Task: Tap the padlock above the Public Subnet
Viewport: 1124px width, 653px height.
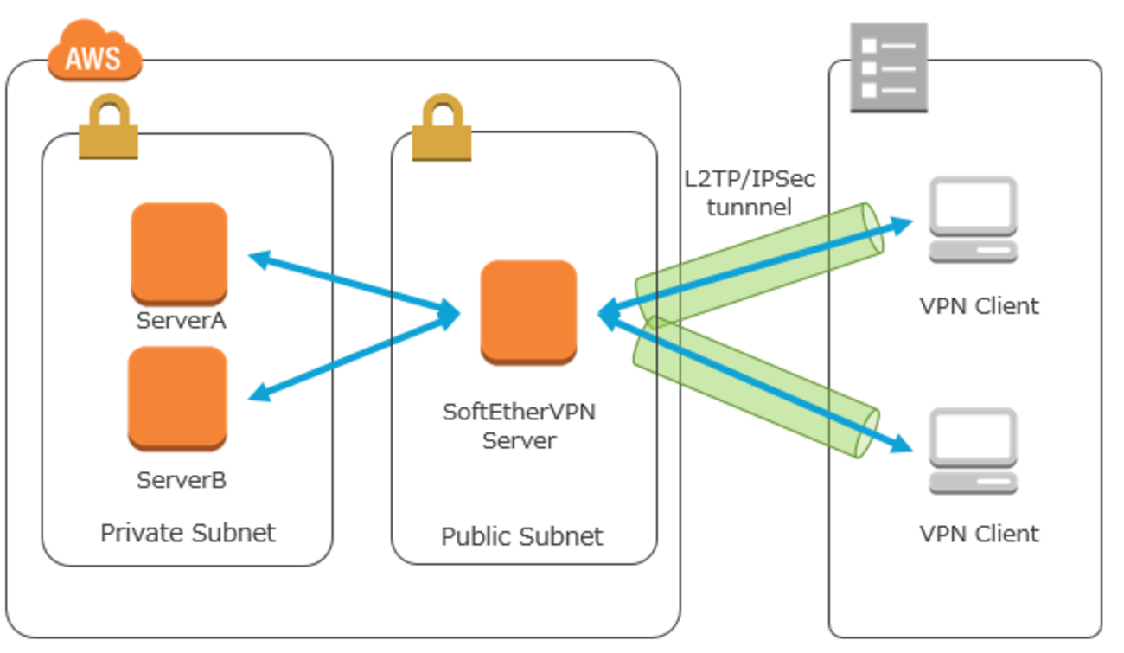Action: [x=441, y=129]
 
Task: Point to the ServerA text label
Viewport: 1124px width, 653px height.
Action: [x=182, y=321]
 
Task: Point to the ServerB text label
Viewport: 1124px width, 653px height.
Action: [x=182, y=480]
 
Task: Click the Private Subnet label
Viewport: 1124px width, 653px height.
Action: [x=188, y=533]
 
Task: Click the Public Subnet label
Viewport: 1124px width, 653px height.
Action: [x=522, y=536]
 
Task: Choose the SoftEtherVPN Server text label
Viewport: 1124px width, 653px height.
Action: [x=519, y=426]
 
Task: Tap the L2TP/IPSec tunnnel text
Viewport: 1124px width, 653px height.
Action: [x=749, y=193]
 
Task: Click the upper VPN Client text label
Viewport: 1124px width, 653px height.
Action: [x=979, y=306]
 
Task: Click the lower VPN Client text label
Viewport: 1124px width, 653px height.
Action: [x=979, y=534]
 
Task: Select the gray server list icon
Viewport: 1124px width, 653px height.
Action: [x=889, y=67]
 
